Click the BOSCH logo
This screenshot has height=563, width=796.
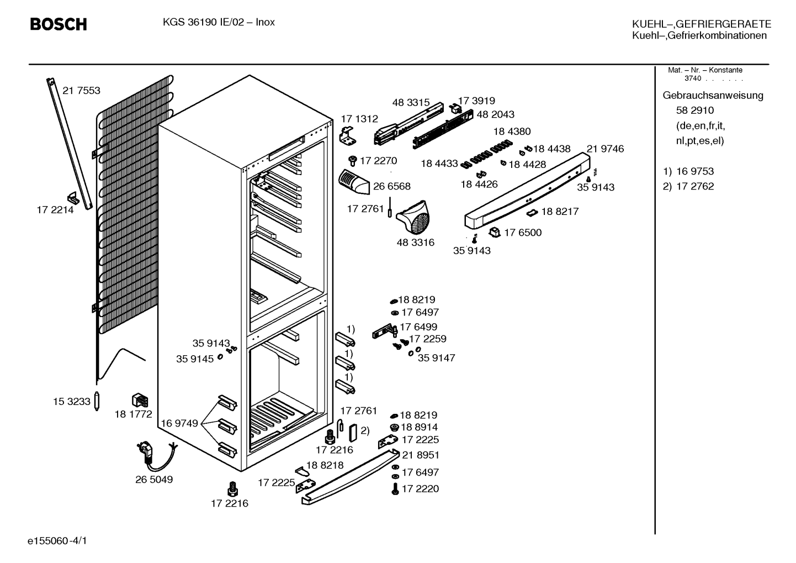point(59,24)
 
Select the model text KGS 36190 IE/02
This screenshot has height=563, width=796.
point(203,23)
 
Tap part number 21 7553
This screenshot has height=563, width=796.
point(81,91)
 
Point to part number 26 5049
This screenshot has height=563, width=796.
point(154,480)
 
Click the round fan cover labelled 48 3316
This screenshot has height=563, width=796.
point(413,217)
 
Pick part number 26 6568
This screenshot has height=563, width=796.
point(391,186)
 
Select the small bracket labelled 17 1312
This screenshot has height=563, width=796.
point(348,136)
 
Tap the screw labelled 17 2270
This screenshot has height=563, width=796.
point(353,160)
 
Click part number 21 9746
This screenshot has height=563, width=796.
point(605,149)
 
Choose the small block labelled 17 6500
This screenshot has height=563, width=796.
point(495,233)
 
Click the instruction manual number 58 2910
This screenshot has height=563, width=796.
point(695,111)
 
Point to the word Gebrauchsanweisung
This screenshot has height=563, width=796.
point(713,96)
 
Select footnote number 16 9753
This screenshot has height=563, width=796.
point(695,171)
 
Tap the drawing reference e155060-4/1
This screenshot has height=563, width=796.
point(57,541)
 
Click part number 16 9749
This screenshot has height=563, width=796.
point(179,423)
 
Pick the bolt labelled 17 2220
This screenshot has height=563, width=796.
point(395,488)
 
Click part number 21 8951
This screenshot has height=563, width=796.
point(421,455)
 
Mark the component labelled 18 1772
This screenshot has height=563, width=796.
point(140,400)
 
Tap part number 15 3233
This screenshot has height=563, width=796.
point(72,402)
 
